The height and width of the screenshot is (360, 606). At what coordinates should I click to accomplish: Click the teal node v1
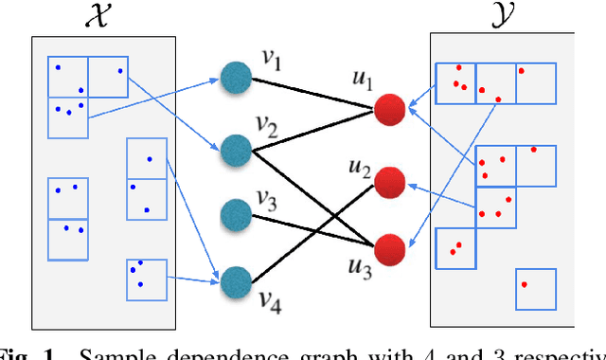coord(234,77)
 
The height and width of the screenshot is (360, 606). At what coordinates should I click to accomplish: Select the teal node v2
coord(234,148)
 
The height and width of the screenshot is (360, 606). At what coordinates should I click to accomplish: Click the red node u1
coord(389,109)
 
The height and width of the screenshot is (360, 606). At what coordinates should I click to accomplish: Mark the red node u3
coord(389,248)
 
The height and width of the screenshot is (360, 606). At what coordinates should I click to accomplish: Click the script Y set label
coord(502,16)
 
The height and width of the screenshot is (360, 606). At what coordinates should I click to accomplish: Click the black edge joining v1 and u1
coord(312,93)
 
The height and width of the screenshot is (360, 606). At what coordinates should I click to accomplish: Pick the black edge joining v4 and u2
coord(312,229)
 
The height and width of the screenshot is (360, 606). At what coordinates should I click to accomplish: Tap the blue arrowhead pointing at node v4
coord(213,279)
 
